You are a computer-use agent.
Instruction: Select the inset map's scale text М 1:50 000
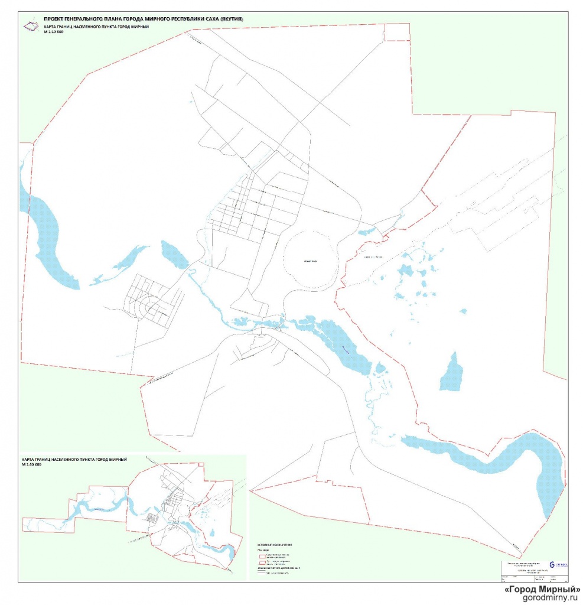[32, 465]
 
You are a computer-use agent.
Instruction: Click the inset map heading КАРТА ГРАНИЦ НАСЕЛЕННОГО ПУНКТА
[74, 459]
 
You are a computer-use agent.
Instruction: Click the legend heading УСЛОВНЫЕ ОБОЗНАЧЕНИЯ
[275, 543]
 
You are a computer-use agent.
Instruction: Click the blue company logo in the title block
[552, 565]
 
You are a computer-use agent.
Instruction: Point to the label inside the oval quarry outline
[311, 261]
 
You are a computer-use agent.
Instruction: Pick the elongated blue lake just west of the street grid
[174, 254]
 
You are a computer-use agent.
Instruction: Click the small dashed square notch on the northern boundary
[397, 32]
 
